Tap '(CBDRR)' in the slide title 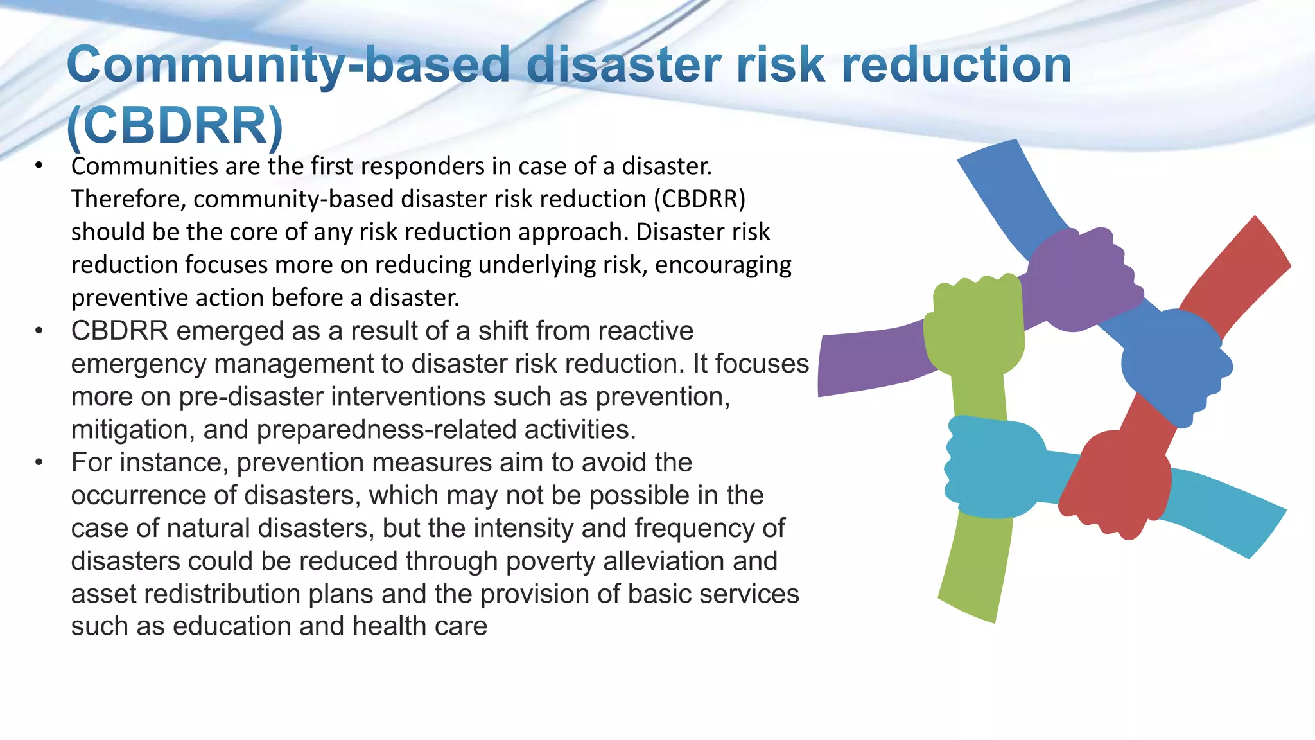pos(175,125)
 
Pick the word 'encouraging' pos(723,265)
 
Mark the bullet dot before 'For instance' pos(39,463)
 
